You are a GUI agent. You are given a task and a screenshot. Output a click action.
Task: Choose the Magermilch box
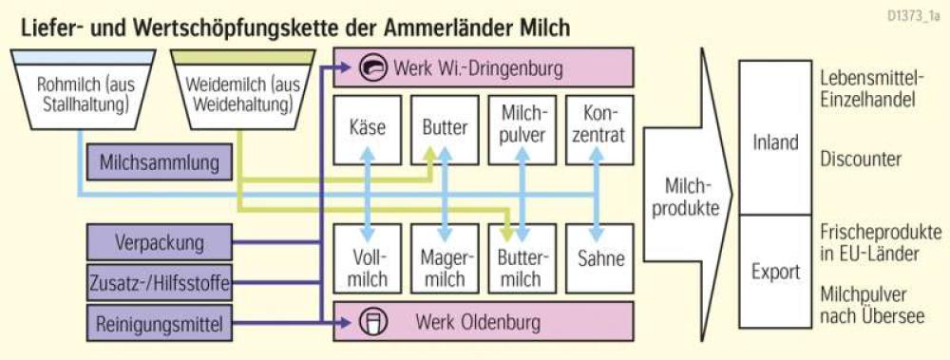[445, 258]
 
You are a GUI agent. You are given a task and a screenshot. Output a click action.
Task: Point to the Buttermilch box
[522, 258]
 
